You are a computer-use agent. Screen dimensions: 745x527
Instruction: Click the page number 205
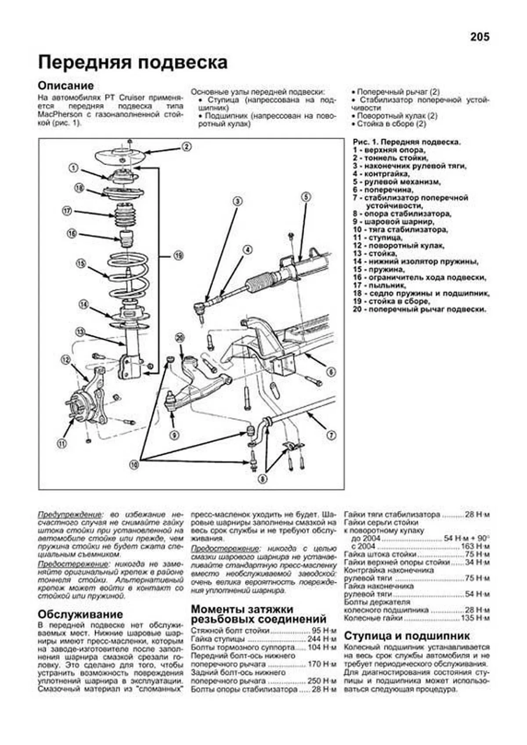(x=479, y=37)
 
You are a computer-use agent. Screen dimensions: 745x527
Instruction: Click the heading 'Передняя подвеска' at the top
(x=133, y=62)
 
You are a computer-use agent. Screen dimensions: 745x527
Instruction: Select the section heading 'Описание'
(x=66, y=86)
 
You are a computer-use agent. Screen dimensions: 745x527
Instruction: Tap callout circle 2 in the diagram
(x=186, y=147)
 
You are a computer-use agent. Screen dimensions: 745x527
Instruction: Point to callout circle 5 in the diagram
(x=306, y=197)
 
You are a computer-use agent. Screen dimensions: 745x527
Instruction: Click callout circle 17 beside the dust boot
(x=67, y=211)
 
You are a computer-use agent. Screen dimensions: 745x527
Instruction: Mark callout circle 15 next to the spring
(x=80, y=263)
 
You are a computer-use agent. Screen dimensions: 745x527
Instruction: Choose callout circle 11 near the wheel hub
(x=62, y=443)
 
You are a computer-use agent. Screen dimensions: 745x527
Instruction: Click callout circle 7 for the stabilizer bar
(x=331, y=435)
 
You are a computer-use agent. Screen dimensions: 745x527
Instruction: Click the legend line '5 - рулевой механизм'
(x=397, y=182)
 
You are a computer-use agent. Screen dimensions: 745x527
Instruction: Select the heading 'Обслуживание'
(x=80, y=614)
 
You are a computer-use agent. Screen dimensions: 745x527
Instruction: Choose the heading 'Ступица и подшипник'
(x=407, y=636)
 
